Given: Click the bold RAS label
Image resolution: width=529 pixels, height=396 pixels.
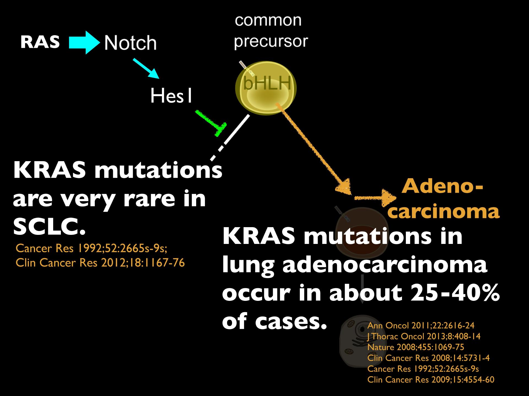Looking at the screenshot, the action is [x=40, y=42].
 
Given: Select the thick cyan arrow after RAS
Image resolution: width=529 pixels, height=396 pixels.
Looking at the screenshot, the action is [x=84, y=43].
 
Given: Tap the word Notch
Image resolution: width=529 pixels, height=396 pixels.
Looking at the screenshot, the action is [x=130, y=43].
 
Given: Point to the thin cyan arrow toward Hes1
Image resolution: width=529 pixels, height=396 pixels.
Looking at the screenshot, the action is [x=146, y=68].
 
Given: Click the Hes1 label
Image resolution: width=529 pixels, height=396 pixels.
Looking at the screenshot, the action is [x=171, y=96].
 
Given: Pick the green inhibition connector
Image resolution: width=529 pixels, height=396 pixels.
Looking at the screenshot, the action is [x=211, y=123].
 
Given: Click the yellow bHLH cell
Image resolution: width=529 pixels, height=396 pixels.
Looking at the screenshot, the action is [x=266, y=88].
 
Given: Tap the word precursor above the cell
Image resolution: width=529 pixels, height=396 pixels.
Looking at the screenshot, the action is [x=271, y=41].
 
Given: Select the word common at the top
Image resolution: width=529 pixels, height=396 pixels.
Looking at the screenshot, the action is [x=268, y=20].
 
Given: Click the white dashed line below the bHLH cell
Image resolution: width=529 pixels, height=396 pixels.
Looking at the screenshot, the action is [x=230, y=137].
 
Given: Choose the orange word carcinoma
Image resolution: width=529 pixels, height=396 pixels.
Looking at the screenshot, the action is [x=445, y=212].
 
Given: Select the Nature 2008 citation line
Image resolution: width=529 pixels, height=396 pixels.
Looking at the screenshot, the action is [x=416, y=347].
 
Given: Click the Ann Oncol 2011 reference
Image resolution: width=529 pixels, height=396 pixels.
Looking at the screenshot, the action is [x=421, y=326].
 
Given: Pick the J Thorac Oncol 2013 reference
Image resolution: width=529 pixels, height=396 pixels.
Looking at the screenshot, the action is [x=424, y=336].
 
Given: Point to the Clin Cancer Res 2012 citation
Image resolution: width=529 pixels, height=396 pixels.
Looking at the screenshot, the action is [x=100, y=263].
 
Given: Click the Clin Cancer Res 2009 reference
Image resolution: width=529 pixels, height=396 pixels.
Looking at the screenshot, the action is [x=431, y=380].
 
